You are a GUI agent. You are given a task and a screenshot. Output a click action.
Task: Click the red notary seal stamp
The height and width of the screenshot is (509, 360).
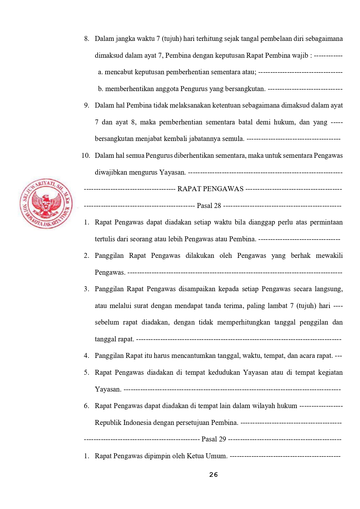(46, 203)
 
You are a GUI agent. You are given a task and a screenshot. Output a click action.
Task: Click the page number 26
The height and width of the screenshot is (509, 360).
(214, 475)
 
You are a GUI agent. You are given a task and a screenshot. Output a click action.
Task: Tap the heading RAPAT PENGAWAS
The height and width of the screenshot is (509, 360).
(210, 189)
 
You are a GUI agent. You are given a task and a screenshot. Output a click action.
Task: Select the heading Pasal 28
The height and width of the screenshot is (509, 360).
(209, 206)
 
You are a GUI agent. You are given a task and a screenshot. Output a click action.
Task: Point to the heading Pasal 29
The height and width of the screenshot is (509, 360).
(214, 439)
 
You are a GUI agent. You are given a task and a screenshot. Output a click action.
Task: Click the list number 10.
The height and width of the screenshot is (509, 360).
(86, 156)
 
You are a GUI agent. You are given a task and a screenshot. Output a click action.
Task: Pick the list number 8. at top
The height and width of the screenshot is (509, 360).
(87, 39)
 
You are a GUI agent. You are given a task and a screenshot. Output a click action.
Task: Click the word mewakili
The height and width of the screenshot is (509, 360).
(329, 256)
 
